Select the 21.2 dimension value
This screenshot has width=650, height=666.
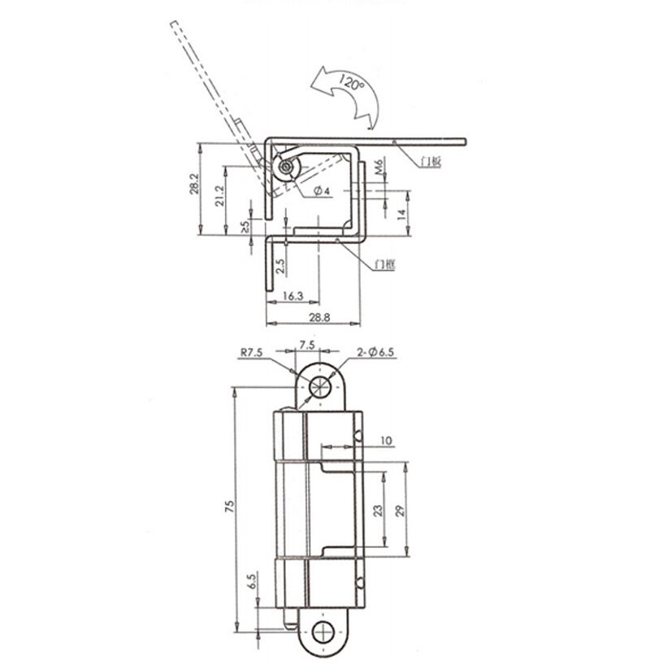[219, 195]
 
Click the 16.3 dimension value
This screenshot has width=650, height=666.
[293, 297]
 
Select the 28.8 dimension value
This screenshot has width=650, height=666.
[318, 318]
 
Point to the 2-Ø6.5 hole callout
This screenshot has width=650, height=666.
[375, 352]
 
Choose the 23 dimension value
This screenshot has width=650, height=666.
[377, 511]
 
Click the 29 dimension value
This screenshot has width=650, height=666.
[399, 511]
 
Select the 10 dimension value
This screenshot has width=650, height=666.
[386, 442]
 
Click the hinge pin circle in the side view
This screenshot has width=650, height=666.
[287, 168]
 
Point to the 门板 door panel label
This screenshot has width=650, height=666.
[431, 160]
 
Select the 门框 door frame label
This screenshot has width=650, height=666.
[384, 264]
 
